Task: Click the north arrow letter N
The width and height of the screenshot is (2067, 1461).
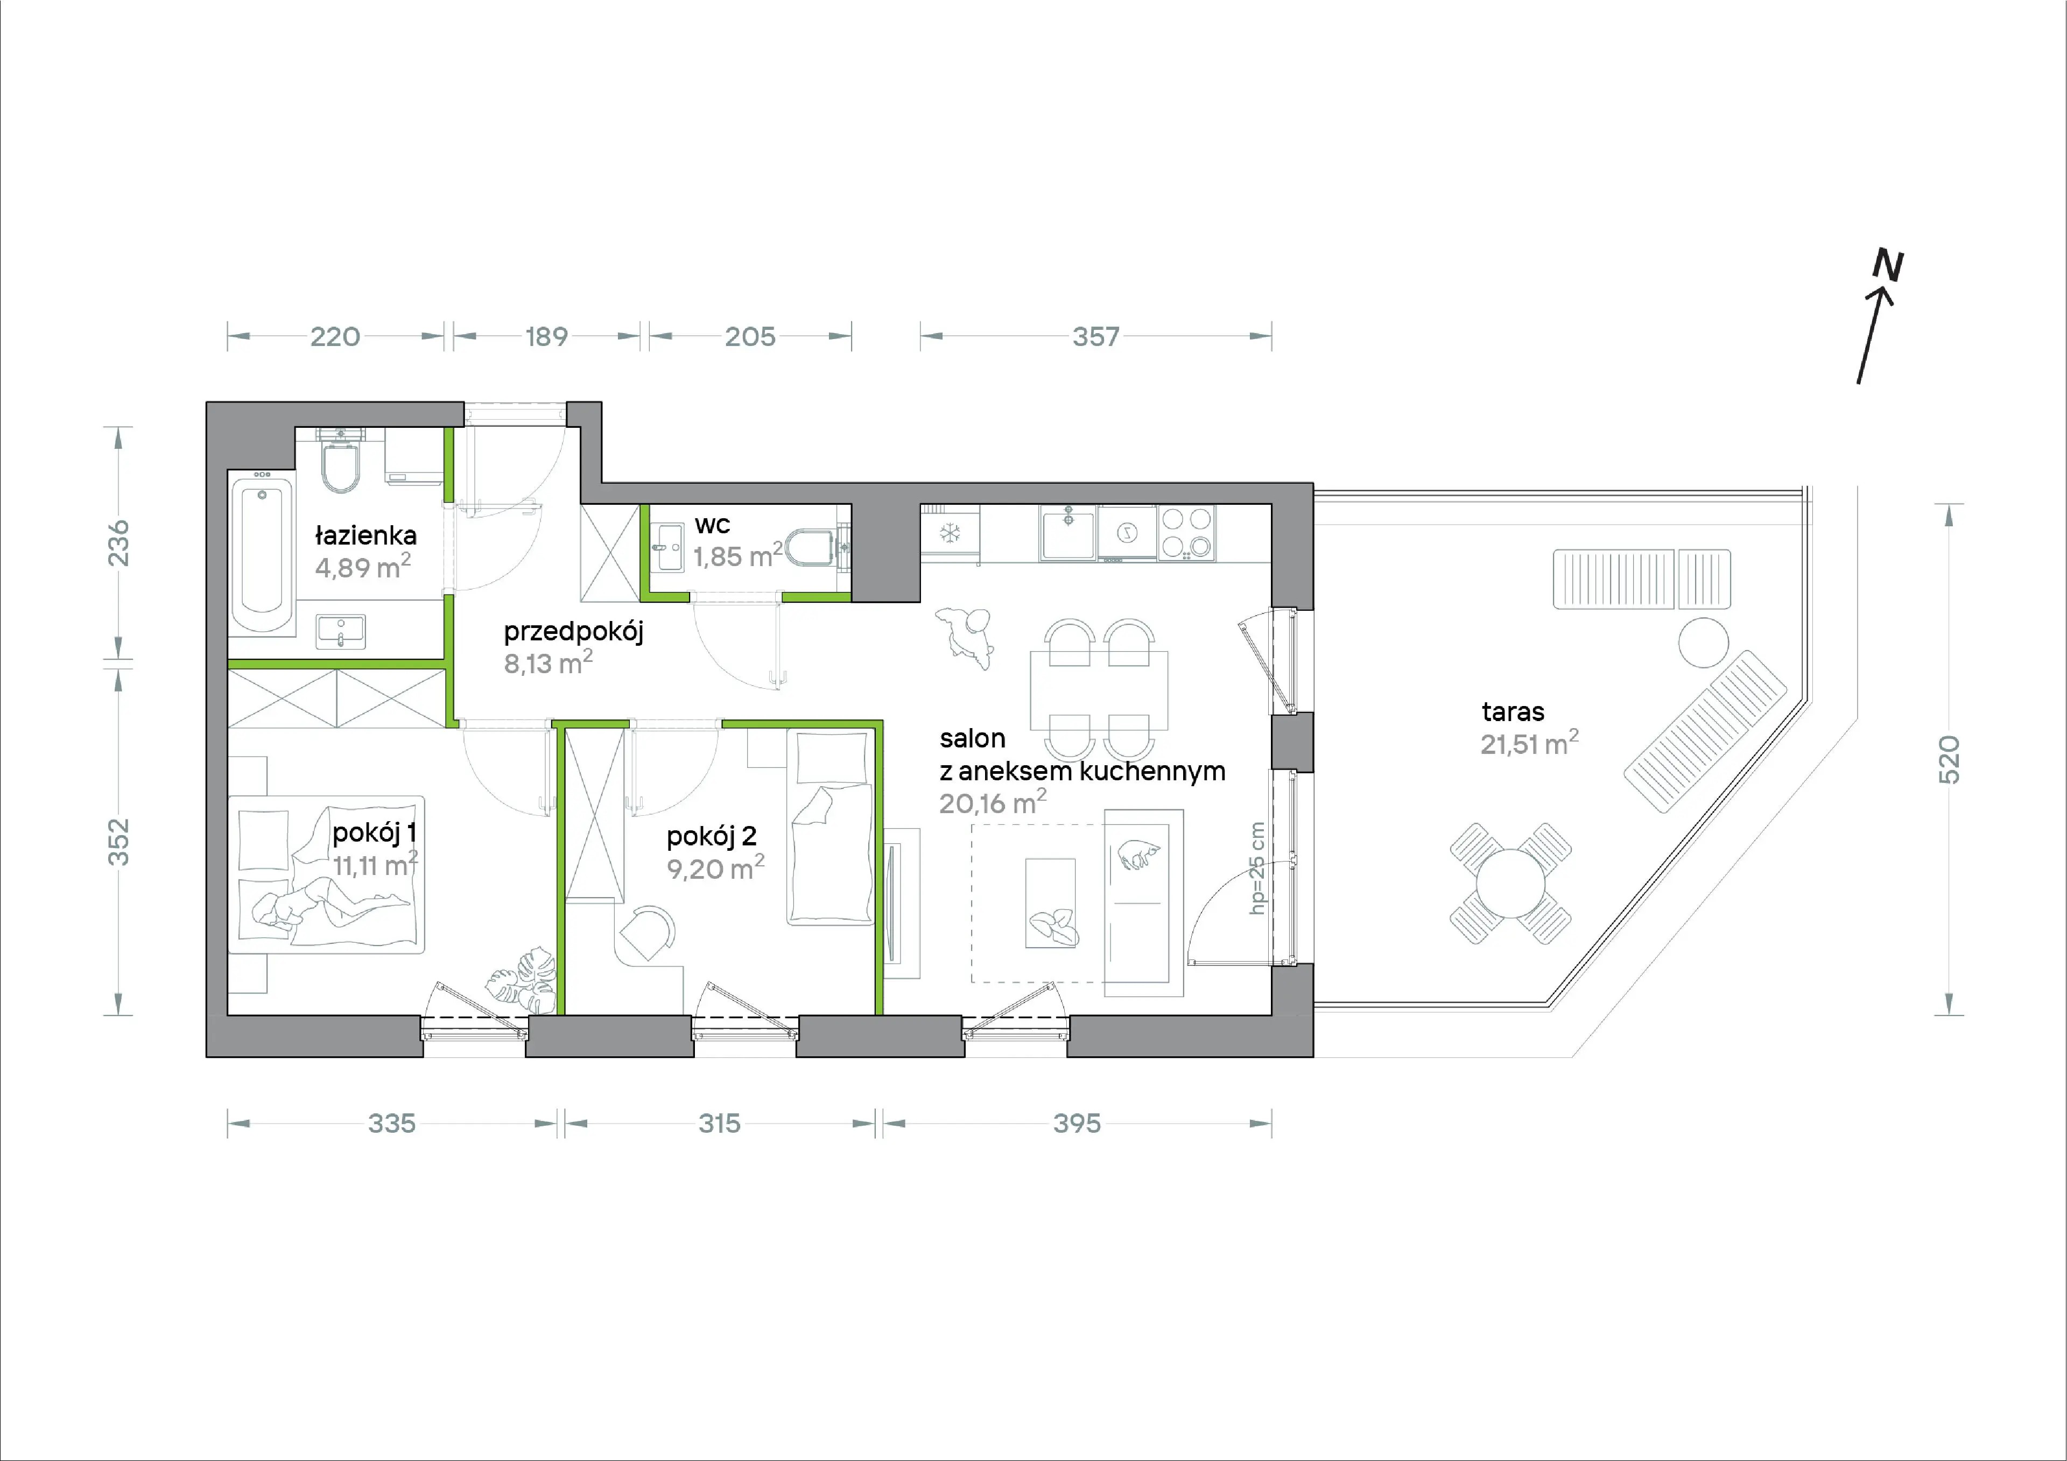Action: pos(1889,265)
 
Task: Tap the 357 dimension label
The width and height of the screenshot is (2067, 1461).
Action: pos(1095,337)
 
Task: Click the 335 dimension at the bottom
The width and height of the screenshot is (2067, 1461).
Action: pos(392,1124)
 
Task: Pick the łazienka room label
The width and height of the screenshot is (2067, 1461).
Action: pos(365,535)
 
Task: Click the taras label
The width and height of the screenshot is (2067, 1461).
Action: pos(1513,712)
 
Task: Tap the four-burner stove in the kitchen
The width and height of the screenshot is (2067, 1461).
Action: pos(1186,533)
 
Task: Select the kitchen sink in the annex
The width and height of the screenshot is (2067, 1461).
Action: pos(1068,532)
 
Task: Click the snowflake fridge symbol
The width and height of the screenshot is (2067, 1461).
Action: pos(950,533)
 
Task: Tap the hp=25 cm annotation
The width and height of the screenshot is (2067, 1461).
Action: pos(1257,869)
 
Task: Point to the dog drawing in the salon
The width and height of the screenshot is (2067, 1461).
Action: pos(966,636)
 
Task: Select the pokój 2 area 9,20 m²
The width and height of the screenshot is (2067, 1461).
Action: pos(716,869)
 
